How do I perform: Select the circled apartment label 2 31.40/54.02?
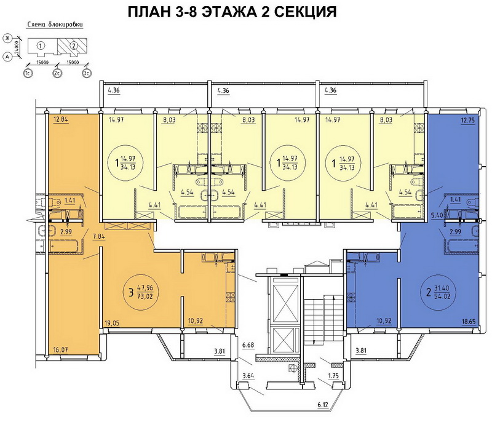pos(438,292)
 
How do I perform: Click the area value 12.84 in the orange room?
pos(61,119)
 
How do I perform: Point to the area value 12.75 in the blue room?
pos(468,119)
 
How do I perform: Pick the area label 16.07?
pos(60,349)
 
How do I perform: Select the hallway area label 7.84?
pos(99,236)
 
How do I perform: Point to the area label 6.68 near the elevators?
pos(248,345)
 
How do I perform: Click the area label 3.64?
pos(248,376)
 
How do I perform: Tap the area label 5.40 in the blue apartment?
pos(437,215)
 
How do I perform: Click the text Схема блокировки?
pos(55,25)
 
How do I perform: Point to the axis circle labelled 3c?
pos(87,73)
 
